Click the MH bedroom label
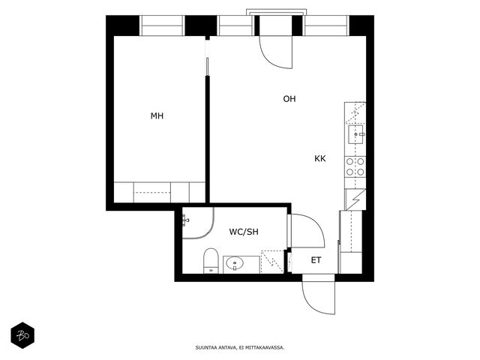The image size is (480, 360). point(157,116)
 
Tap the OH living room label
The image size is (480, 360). point(289,99)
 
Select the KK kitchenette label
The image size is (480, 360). point(320,158)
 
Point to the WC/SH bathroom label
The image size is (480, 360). point(244,232)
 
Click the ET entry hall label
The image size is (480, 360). point(316,260)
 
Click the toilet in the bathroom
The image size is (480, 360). point(211,260)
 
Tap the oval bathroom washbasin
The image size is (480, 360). point(235,263)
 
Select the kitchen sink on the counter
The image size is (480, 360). point(355,134)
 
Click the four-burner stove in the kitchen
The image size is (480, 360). point(355,166)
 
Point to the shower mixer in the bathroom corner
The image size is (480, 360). point(185,220)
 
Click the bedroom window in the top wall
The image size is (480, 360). point(162,25)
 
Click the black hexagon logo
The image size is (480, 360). point(22,335)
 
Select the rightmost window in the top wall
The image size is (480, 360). point(326,25)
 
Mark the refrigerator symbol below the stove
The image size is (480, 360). point(355,199)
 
